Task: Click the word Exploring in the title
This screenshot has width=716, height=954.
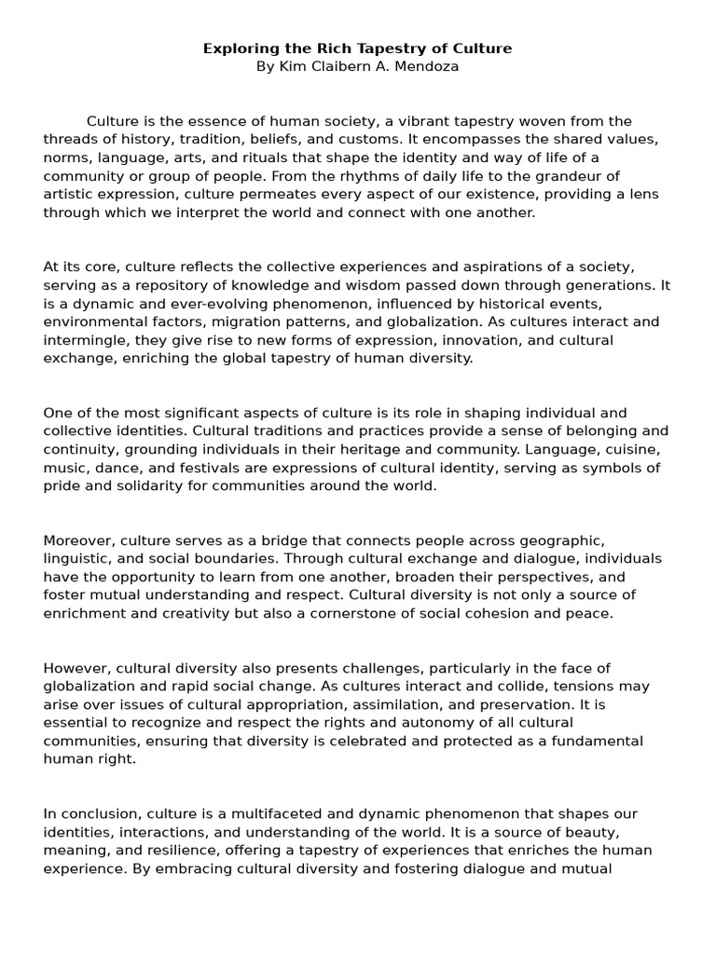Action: click(x=239, y=48)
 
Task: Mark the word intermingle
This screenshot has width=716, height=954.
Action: click(x=82, y=340)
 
